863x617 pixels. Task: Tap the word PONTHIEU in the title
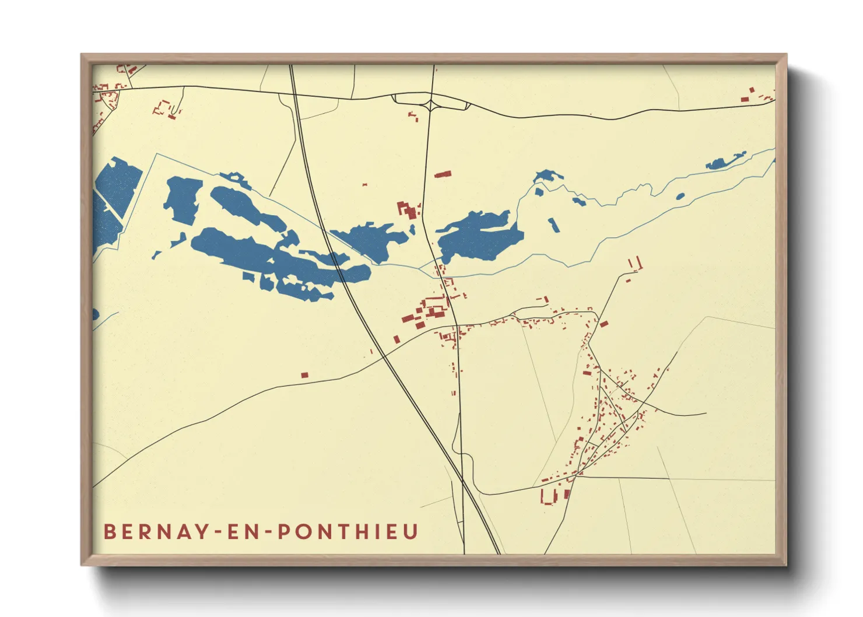pyautogui.click(x=348, y=532)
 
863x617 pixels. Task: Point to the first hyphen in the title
pyautogui.click(x=217, y=532)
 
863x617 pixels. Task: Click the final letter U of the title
pyautogui.click(x=411, y=532)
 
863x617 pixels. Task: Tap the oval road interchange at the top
pyautogui.click(x=431, y=101)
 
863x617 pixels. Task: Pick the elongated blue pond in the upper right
pyautogui.click(x=725, y=162)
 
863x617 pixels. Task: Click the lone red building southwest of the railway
pyautogui.click(x=304, y=375)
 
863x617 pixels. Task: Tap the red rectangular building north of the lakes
pyautogui.click(x=443, y=174)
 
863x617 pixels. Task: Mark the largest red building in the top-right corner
pyautogui.click(x=745, y=100)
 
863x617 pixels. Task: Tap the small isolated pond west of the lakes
pyautogui.click(x=156, y=255)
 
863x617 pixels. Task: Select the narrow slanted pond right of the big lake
pyautogui.click(x=553, y=225)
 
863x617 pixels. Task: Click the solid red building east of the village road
pyautogui.click(x=604, y=324)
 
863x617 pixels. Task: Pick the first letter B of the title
pyautogui.click(x=109, y=532)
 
